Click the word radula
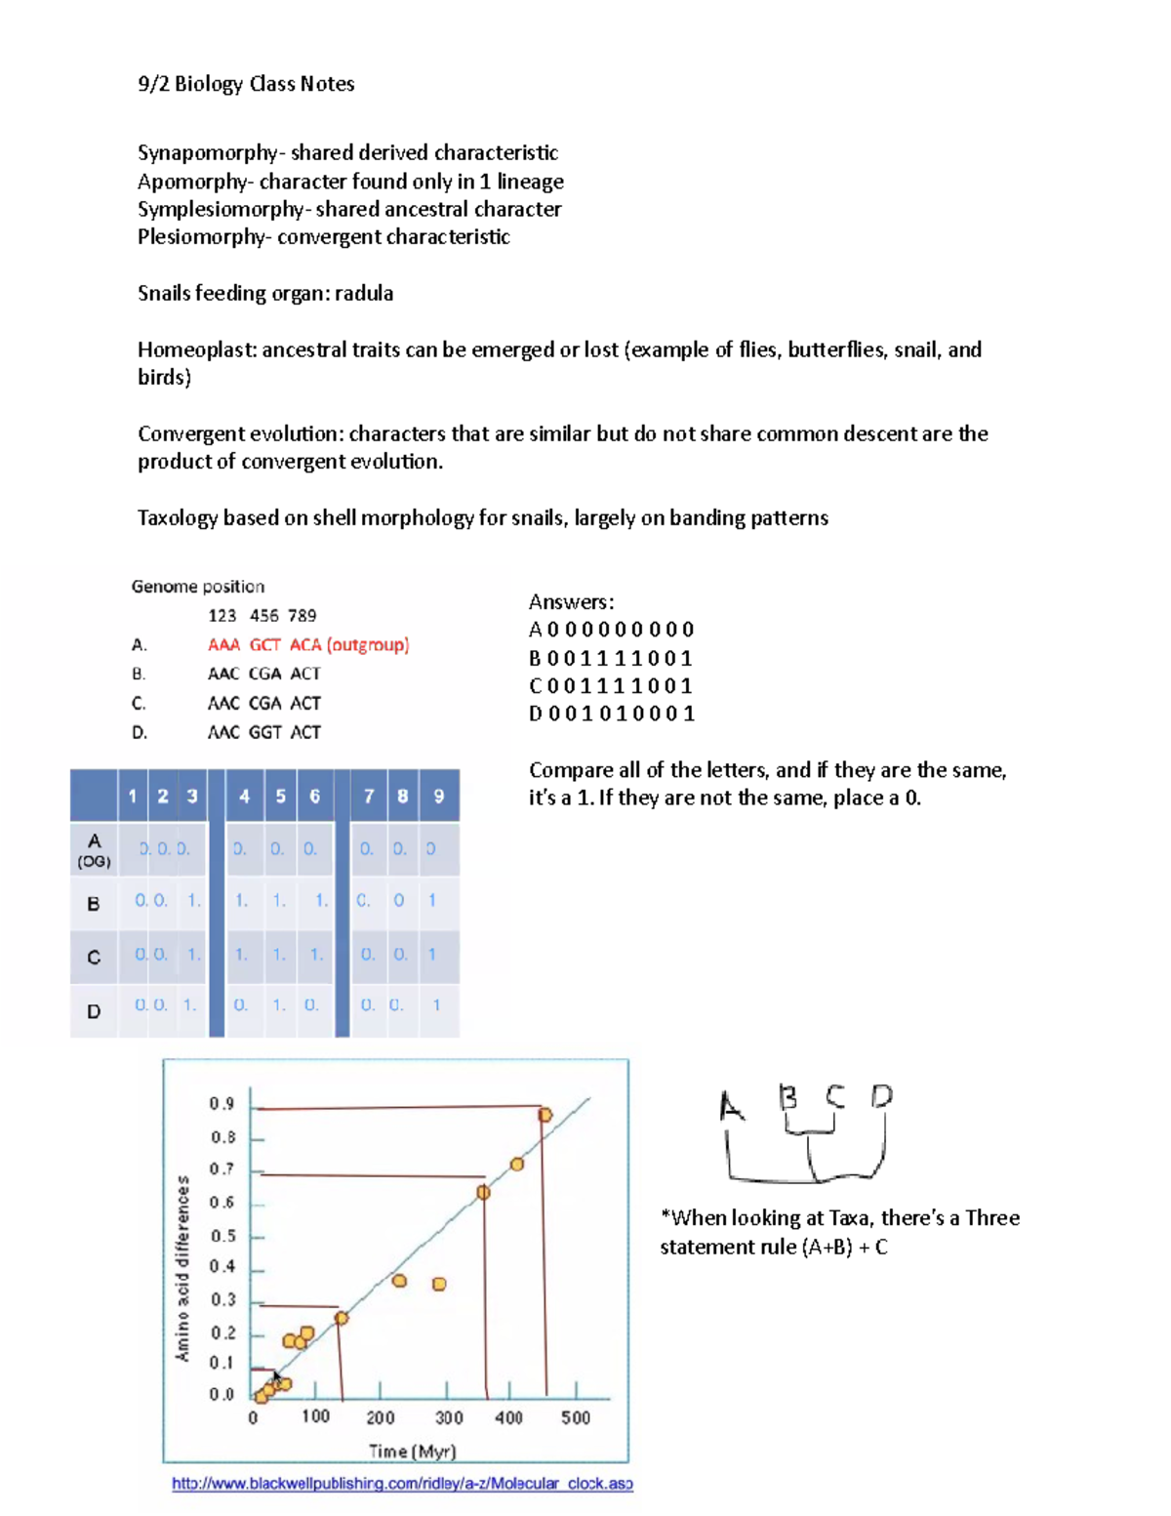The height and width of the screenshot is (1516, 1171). [363, 294]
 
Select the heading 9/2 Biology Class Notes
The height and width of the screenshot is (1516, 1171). [246, 84]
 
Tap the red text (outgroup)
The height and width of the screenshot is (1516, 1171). [368, 645]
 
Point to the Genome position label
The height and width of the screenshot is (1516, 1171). [198, 587]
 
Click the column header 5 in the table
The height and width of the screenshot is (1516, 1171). [280, 797]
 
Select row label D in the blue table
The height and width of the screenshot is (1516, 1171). [94, 1011]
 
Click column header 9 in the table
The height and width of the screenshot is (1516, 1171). [439, 797]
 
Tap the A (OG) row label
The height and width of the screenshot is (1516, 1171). [94, 849]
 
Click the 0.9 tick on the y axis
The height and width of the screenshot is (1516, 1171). [222, 1104]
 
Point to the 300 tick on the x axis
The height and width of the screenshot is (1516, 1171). [449, 1417]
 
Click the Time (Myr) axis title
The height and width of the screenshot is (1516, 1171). [413, 1452]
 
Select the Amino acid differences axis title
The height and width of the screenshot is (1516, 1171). [182, 1269]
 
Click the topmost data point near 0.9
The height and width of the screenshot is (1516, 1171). [545, 1115]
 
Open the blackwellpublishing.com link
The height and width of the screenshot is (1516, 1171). [402, 1484]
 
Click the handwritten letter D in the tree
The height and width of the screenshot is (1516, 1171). [881, 1096]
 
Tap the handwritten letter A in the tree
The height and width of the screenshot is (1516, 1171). [731, 1107]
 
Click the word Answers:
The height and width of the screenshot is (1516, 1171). [571, 602]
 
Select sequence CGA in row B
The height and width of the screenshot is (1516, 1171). [264, 675]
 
